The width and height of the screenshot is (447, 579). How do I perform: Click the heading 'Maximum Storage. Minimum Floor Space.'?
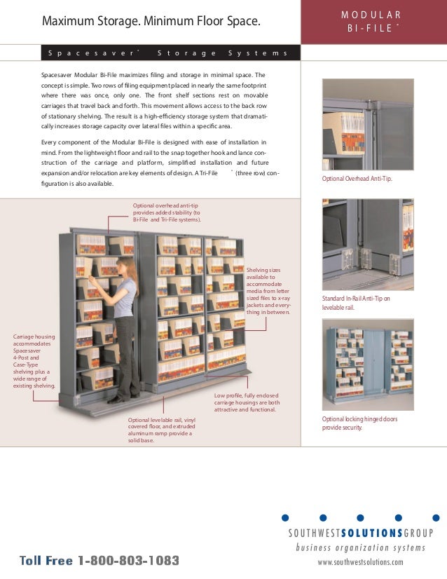tap(151, 22)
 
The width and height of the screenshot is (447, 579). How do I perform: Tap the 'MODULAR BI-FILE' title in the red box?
tap(373, 22)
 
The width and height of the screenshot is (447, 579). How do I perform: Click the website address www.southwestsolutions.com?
tap(360, 562)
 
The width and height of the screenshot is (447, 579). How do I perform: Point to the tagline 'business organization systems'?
tap(360, 547)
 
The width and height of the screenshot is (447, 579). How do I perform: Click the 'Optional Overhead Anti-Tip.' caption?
tap(357, 179)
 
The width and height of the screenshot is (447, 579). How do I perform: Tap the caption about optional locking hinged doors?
tap(359, 423)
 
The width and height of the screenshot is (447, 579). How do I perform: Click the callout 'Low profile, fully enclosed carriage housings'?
tap(247, 402)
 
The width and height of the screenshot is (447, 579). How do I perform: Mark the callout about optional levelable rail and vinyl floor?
tap(160, 430)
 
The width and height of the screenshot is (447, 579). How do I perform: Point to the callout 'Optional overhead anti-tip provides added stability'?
tap(167, 212)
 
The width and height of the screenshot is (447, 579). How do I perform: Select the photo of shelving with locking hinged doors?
tap(367, 365)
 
